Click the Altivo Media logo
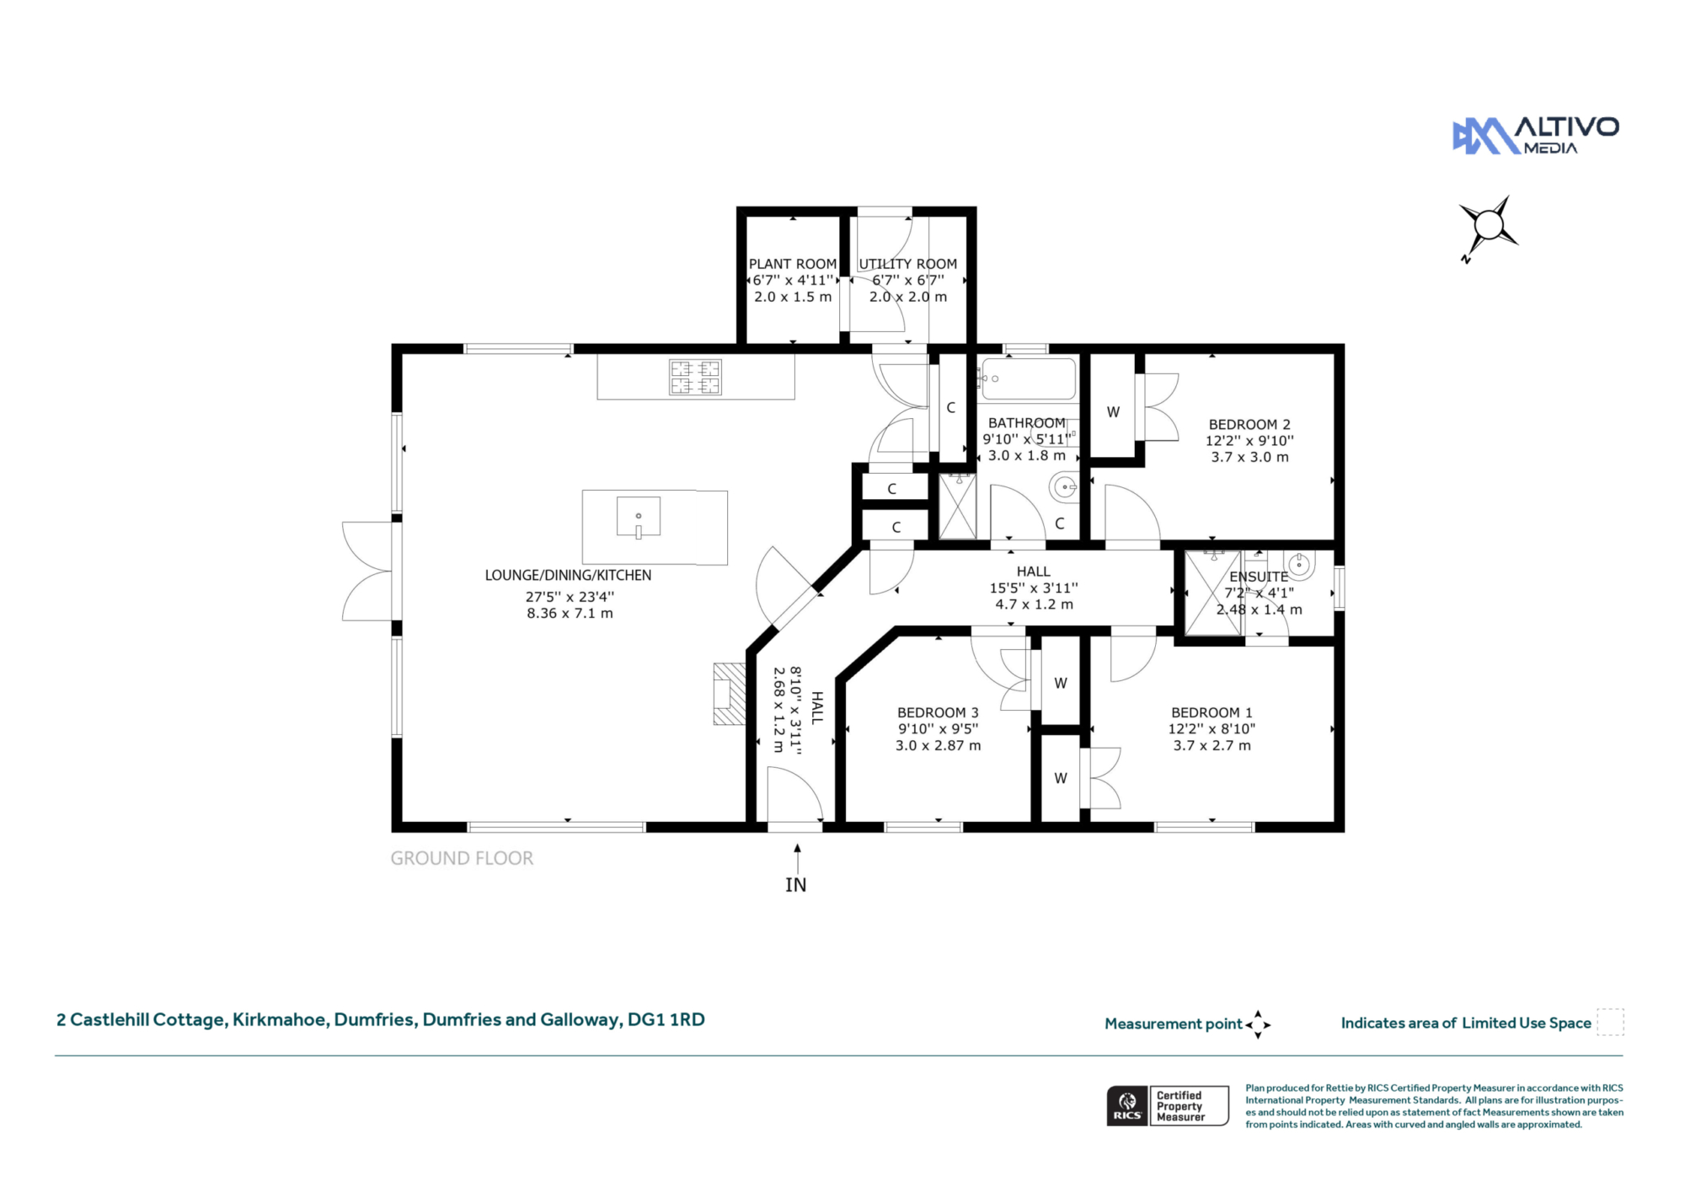click(x=1535, y=136)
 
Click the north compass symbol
click(x=1488, y=227)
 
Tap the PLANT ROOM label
click(x=793, y=264)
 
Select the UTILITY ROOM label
click(x=908, y=264)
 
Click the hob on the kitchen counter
click(x=695, y=377)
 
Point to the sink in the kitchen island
click(x=639, y=518)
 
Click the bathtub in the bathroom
click(x=1028, y=379)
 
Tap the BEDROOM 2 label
click(x=1249, y=425)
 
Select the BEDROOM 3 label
click(x=938, y=713)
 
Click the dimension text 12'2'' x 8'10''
click(x=1212, y=729)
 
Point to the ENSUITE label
click(x=1259, y=577)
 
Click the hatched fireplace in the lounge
click(x=730, y=694)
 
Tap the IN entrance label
click(x=796, y=885)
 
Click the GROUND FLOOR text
click(x=462, y=858)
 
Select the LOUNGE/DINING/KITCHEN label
click(x=568, y=576)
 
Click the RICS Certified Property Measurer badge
click(x=1168, y=1106)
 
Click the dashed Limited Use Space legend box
click(x=1610, y=1022)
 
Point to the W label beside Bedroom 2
click(x=1113, y=413)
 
